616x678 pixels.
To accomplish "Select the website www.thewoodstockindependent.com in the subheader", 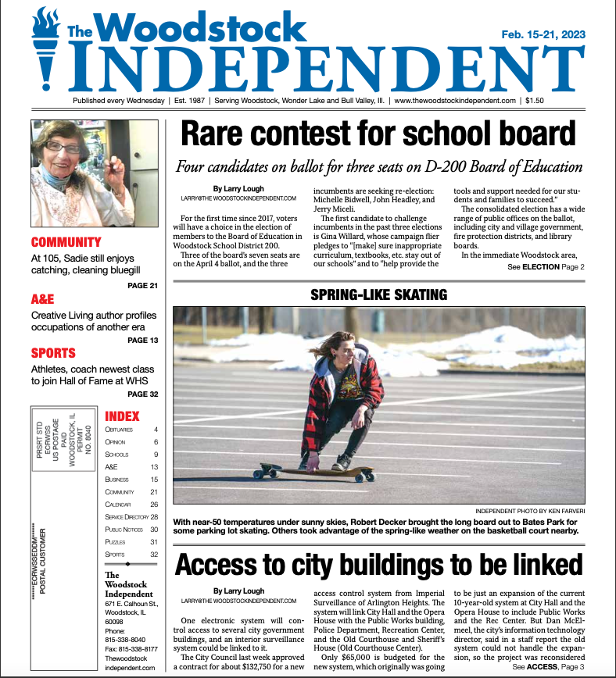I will [455, 101].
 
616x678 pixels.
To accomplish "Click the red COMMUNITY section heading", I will [66, 242].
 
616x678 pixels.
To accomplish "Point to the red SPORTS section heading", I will [53, 353].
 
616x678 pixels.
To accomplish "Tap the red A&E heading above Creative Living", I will [42, 298].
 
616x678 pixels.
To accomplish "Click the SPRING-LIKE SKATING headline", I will [378, 294].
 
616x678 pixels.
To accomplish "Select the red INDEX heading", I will [122, 416].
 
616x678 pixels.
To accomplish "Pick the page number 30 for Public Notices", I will [154, 529].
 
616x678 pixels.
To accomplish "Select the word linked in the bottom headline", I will [535, 565].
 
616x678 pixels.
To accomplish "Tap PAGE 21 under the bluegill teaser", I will [142, 285].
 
